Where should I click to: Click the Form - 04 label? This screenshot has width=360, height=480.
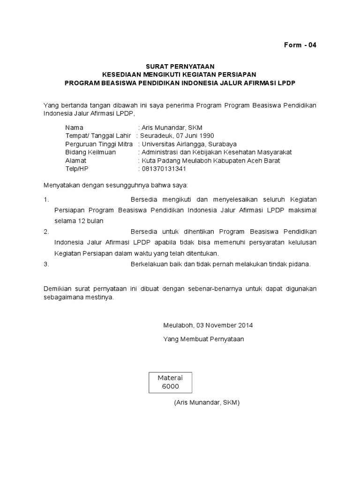(x=300, y=45)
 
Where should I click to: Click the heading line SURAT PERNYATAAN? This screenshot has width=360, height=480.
(x=180, y=67)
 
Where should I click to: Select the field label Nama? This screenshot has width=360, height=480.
(x=74, y=127)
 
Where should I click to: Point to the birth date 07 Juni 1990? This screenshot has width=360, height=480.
(x=201, y=136)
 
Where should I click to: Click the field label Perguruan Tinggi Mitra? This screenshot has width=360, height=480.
(x=99, y=144)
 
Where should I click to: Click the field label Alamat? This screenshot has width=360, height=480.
(x=76, y=160)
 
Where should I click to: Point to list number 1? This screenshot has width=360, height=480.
(x=46, y=199)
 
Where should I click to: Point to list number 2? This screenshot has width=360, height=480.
(x=46, y=232)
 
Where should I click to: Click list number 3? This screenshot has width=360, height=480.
(x=46, y=264)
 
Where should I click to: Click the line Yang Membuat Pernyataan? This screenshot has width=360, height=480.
(x=203, y=338)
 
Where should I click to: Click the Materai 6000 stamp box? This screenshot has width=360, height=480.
(x=170, y=382)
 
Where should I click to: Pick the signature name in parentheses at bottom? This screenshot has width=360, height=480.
(x=207, y=403)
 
